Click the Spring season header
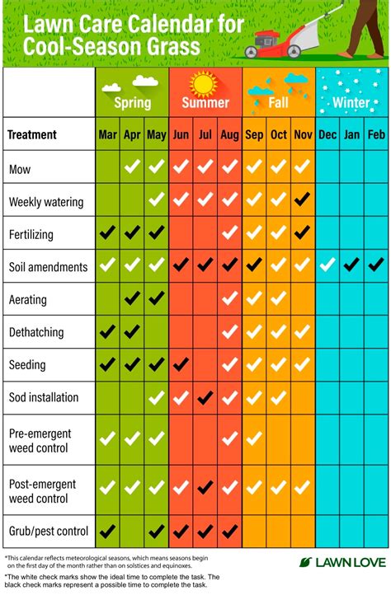[132, 103]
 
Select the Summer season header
[205, 103]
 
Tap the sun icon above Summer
[204, 83]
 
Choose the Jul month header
[205, 134]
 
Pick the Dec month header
[327, 134]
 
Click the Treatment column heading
[31, 134]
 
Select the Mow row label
[20, 169]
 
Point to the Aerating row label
[27, 299]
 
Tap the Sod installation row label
[43, 397]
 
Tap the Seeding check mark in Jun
[181, 363]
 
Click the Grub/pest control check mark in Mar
[107, 529]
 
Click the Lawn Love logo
[342, 562]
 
